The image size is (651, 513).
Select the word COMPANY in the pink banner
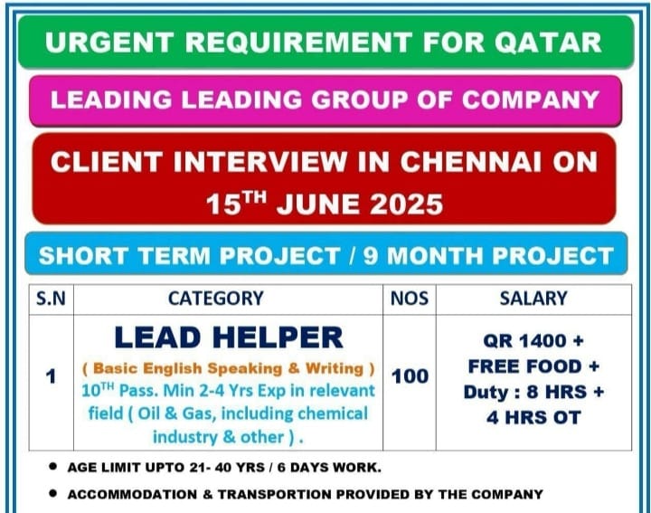click(x=530, y=100)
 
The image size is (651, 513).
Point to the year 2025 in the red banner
click(x=407, y=204)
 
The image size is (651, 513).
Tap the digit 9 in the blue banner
click(x=371, y=255)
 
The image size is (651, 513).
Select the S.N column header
click(x=51, y=299)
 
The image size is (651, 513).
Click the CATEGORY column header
click(x=216, y=299)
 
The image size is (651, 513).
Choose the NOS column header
click(x=410, y=299)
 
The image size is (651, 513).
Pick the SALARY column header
click(x=533, y=299)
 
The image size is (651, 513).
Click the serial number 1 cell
click(x=51, y=376)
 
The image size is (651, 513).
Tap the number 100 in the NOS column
click(x=410, y=376)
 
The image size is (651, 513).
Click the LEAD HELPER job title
click(x=229, y=337)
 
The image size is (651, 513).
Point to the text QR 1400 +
click(x=533, y=341)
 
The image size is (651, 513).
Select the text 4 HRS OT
click(x=533, y=418)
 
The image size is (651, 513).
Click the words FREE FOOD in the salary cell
click(x=524, y=366)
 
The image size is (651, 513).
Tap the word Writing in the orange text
click(x=335, y=368)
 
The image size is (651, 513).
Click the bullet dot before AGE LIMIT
click(x=52, y=467)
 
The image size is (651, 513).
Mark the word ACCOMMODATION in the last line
click(x=132, y=494)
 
